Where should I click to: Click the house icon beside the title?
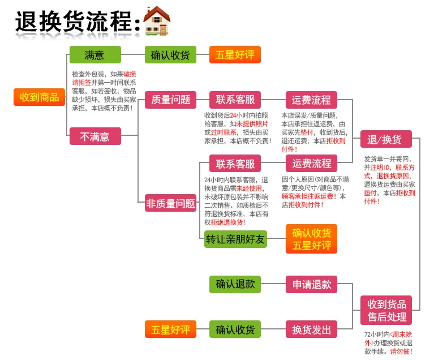click(x=157, y=21)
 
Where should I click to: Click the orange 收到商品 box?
click(x=40, y=97)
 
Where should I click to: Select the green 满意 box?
click(x=94, y=55)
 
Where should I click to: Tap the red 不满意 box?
click(x=94, y=136)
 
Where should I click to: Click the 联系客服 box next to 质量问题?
click(x=235, y=100)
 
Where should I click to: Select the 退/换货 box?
click(x=385, y=139)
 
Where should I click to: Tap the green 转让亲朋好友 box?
click(x=235, y=239)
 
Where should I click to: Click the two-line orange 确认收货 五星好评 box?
click(x=311, y=239)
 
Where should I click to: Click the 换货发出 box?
click(x=311, y=329)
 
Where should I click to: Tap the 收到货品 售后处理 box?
click(x=386, y=310)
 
